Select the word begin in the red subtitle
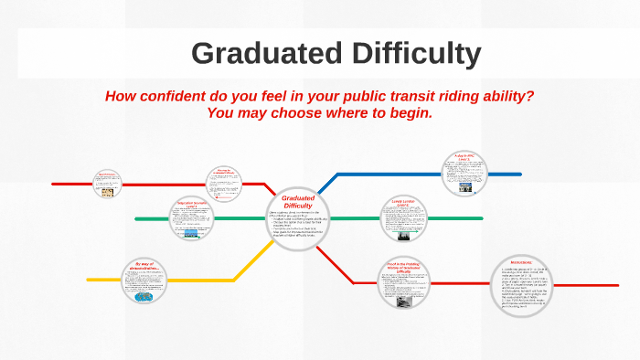407,112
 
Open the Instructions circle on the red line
529,285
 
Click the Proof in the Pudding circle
403,282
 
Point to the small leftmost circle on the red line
108,183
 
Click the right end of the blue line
520,174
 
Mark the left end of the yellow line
89,280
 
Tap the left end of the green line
137,219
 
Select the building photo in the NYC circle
465,187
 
